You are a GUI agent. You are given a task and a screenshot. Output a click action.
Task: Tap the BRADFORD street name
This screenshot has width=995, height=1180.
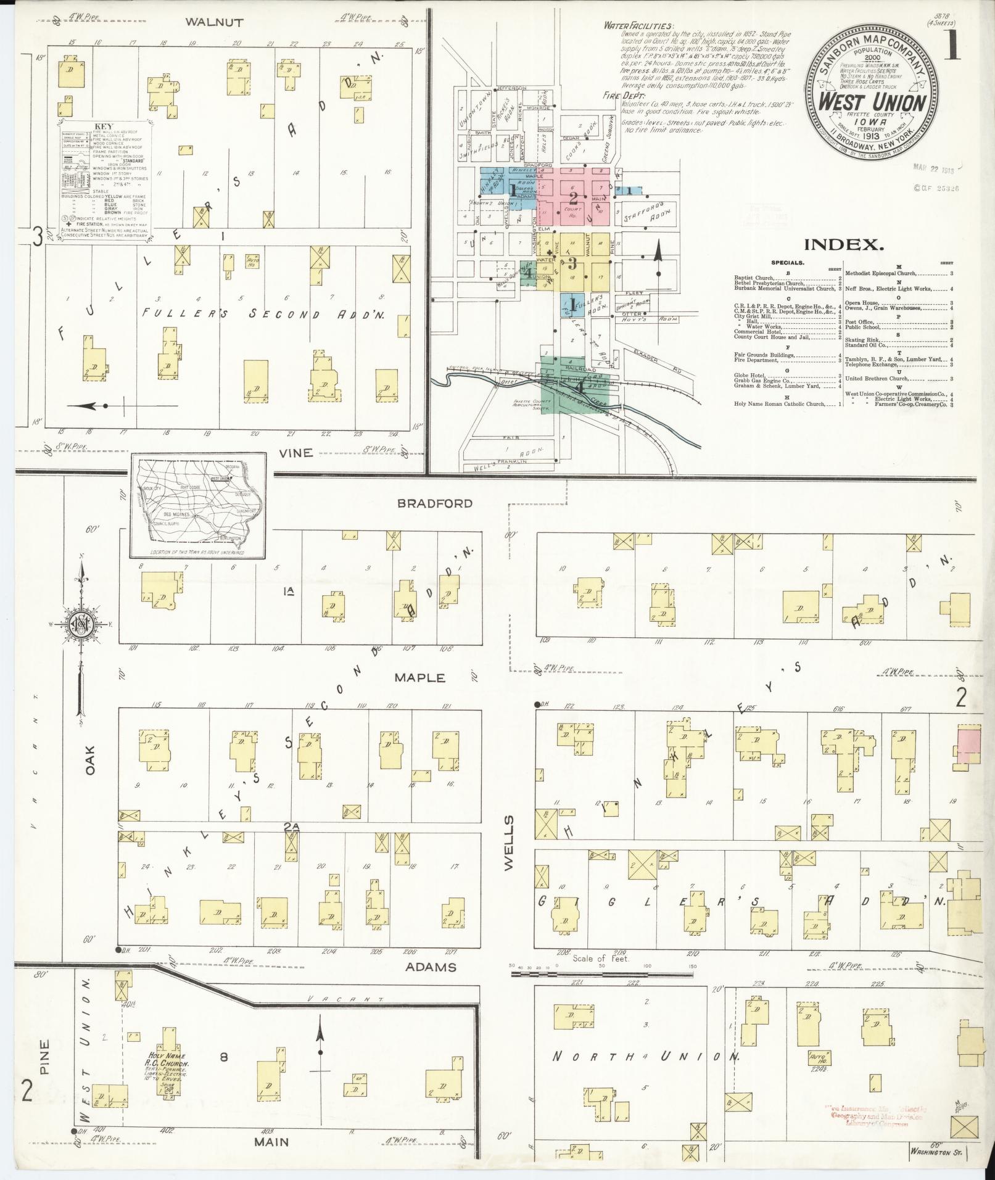435,503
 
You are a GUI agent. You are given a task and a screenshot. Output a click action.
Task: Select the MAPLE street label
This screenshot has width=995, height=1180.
419,678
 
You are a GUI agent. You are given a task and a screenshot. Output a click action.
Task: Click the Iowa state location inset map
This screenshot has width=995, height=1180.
198,505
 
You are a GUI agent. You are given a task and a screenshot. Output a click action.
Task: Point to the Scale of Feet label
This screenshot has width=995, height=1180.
600,976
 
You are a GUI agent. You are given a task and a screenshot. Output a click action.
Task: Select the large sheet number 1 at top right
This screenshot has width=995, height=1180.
954,47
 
